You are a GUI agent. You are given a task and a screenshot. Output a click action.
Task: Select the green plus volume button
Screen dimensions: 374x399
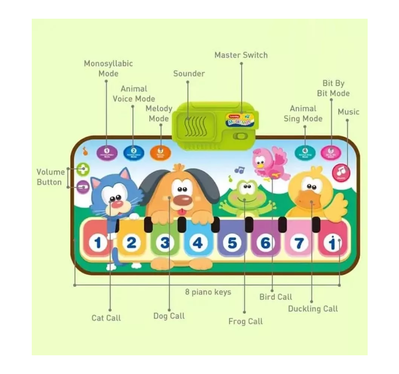click(83, 169)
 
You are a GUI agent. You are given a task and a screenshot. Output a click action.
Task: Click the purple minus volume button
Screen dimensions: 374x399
click(83, 187)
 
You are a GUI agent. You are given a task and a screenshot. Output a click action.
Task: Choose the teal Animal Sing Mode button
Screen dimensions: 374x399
click(305, 152)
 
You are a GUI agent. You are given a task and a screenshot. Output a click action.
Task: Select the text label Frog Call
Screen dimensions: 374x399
click(245, 321)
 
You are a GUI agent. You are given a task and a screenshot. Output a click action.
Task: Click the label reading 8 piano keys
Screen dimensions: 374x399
click(208, 292)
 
